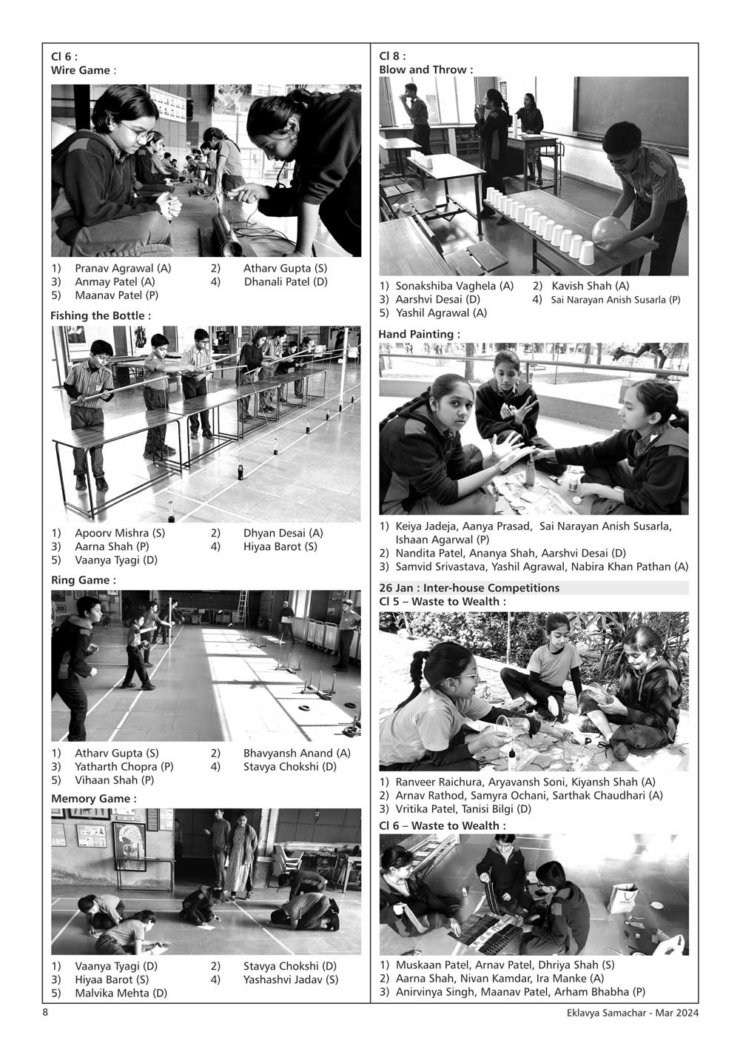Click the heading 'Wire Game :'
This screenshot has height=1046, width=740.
(83, 70)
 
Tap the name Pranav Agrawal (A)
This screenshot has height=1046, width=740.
(123, 269)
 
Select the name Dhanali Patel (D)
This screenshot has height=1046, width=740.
(286, 282)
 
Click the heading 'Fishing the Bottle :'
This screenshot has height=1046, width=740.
(101, 315)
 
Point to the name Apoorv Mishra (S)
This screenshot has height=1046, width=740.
(120, 533)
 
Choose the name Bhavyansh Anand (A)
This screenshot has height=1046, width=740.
(297, 753)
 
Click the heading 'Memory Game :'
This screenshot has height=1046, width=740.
(94, 799)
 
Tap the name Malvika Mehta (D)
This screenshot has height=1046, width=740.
(121, 993)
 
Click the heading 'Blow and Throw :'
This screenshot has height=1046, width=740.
(425, 70)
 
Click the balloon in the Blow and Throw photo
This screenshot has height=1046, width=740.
(609, 231)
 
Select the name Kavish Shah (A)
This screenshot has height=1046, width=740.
(590, 286)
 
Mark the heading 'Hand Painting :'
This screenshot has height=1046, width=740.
(420, 335)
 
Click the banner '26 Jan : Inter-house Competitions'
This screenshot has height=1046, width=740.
(469, 588)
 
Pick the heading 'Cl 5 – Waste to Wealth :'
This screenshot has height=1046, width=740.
(443, 601)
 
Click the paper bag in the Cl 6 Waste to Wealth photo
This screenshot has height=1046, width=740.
(622, 897)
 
